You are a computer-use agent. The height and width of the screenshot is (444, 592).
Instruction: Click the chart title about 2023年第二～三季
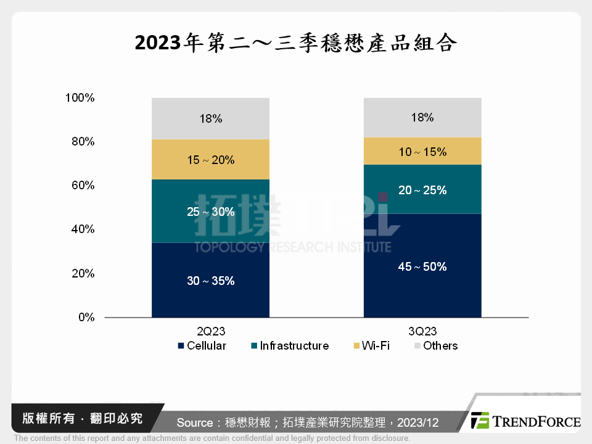coord(295,43)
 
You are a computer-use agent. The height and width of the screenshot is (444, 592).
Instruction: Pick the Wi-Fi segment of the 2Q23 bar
coord(210,160)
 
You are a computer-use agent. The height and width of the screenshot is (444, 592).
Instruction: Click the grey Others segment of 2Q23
coord(210,118)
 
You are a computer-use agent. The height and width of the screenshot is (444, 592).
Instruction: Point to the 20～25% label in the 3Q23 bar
coord(422,191)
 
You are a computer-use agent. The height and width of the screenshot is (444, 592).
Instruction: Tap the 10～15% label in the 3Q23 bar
coord(422,152)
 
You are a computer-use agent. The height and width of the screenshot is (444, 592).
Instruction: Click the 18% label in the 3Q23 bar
coord(422,117)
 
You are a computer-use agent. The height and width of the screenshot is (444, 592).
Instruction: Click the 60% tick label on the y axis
coord(83,186)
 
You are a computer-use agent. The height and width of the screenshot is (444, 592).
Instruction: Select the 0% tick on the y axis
coord(86,318)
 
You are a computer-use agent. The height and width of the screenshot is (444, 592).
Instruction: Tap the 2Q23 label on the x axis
coord(210,331)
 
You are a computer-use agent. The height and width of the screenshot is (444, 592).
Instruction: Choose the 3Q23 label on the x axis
coord(422,331)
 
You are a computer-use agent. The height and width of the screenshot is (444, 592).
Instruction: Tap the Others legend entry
coord(435,346)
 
